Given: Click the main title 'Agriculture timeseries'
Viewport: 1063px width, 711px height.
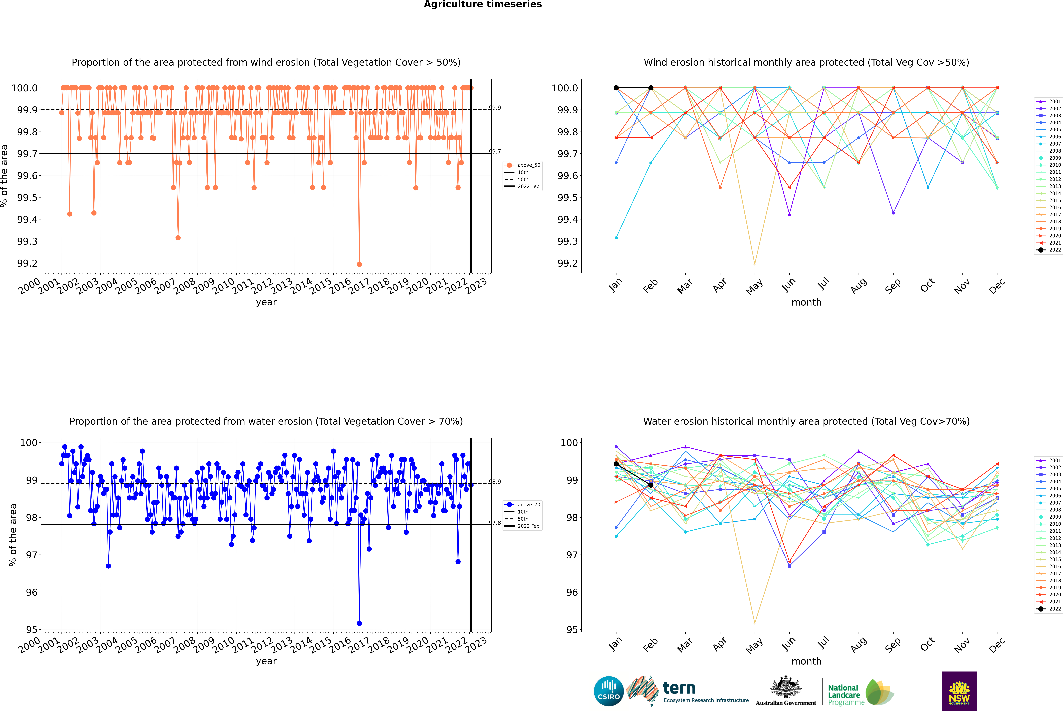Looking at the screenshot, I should pos(483,5).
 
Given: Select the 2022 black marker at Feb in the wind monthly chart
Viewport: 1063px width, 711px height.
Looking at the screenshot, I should pos(651,88).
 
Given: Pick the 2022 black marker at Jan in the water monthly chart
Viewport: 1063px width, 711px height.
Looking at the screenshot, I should pos(616,464).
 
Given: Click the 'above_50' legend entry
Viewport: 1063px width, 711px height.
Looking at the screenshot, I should pos(528,165).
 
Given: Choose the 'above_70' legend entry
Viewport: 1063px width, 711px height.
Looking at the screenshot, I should pos(528,505).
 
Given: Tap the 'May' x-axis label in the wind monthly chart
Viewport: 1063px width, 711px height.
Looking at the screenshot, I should pos(754,287).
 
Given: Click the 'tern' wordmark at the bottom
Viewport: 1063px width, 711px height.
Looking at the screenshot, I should pos(679,688).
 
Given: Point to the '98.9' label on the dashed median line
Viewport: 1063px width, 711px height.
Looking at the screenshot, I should pos(495,482).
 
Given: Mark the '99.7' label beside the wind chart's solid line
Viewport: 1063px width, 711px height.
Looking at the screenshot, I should pos(495,151).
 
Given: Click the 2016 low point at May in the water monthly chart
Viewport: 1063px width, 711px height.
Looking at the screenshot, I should pos(754,623).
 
